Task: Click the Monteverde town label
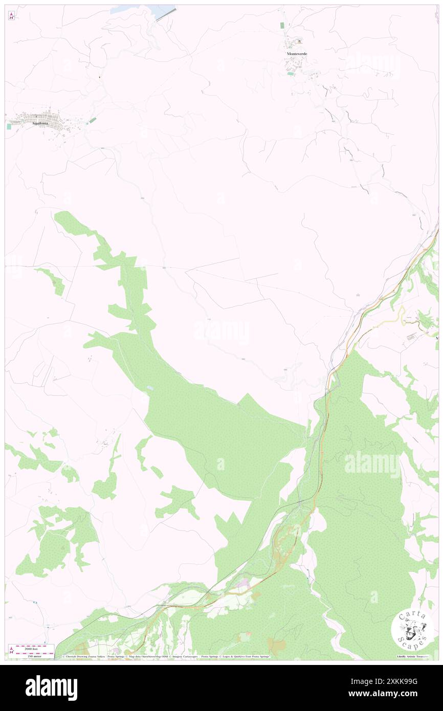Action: [297, 53]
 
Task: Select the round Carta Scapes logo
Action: [412, 629]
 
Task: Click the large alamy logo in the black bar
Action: [51, 687]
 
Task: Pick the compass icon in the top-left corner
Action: [11, 16]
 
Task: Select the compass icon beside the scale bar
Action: [11, 651]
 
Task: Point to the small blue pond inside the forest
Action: [149, 388]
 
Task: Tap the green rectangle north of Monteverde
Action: [282, 25]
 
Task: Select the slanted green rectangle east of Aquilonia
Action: [92, 120]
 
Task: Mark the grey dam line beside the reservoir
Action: [166, 14]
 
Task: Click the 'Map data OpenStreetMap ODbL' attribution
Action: [147, 657]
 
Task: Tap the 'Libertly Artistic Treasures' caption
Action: [414, 657]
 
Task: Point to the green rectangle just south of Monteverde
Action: [291, 74]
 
